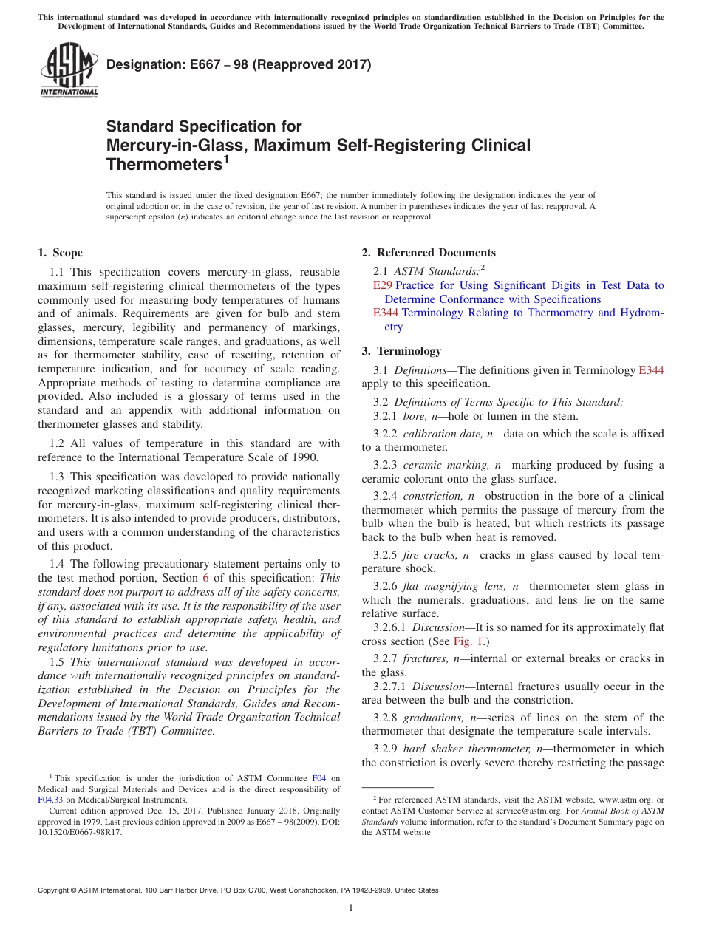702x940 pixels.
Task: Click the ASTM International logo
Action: tap(69, 70)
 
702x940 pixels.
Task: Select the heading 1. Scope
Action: tap(61, 253)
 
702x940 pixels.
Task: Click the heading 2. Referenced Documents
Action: tap(429, 253)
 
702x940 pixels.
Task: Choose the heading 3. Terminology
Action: tap(401, 351)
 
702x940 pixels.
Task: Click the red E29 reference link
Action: tap(382, 285)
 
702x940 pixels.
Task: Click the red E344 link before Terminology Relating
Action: tap(385, 313)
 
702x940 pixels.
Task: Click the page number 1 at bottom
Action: tap(351, 908)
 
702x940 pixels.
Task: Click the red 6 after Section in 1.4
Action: tap(205, 578)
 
